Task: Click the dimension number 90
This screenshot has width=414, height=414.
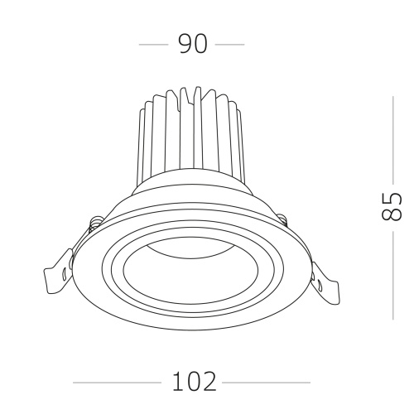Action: [192, 45]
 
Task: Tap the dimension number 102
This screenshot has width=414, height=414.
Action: [195, 383]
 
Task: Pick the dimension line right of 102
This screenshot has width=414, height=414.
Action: [267, 383]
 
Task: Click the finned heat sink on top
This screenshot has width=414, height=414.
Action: [192, 132]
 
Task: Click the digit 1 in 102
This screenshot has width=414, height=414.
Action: [177, 383]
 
